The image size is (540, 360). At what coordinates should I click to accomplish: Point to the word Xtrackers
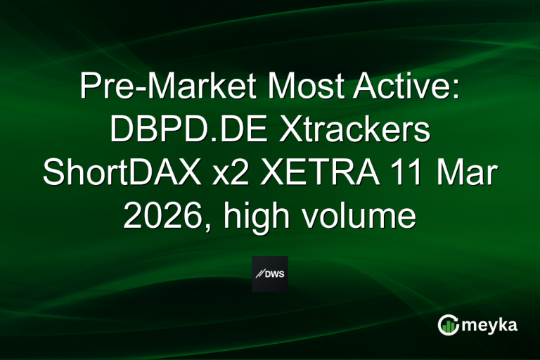361,131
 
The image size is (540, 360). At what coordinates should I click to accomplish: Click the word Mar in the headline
470,173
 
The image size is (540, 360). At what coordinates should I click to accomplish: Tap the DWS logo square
270,274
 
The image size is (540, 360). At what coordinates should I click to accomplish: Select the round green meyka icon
448,326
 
